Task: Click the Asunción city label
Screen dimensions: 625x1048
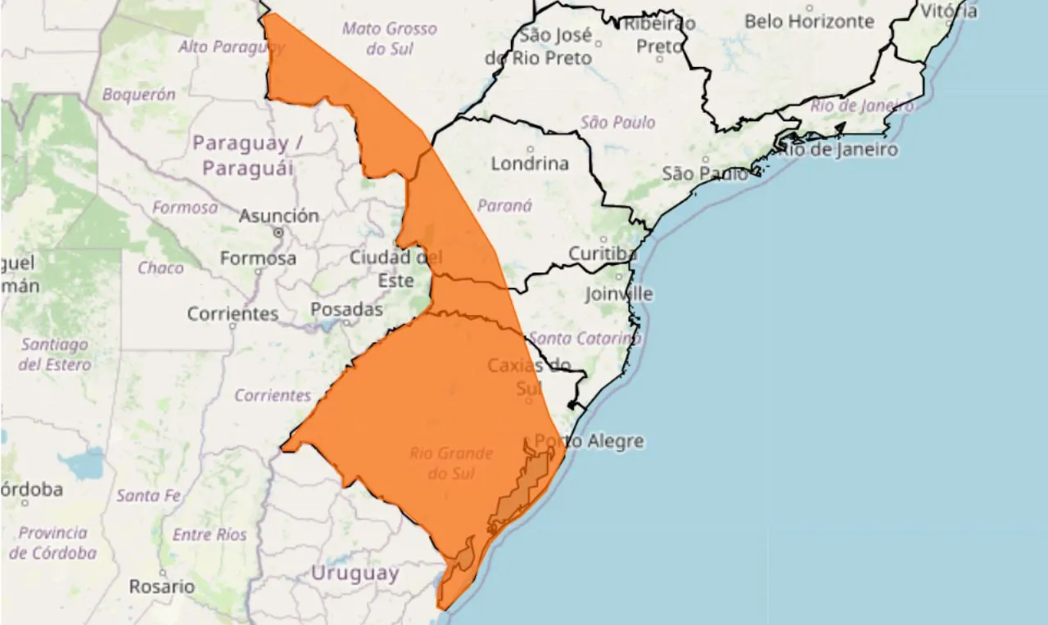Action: (x=278, y=216)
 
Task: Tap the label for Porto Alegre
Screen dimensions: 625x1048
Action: (x=589, y=442)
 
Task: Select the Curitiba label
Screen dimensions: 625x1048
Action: (x=603, y=254)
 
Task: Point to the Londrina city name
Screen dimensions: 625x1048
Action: (x=530, y=164)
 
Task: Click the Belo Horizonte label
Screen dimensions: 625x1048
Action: (x=809, y=22)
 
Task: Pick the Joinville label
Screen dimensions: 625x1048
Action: (x=619, y=294)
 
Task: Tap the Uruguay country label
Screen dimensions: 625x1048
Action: (x=354, y=573)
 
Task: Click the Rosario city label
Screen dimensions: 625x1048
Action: (x=162, y=587)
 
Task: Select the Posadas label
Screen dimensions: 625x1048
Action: (x=346, y=310)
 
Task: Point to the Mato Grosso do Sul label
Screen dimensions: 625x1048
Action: (x=390, y=38)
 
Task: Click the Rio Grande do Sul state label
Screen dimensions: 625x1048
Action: (x=451, y=463)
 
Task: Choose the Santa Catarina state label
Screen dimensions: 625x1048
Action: (x=584, y=338)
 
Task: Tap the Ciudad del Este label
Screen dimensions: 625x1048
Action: (x=395, y=268)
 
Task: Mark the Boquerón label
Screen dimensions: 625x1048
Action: (x=138, y=95)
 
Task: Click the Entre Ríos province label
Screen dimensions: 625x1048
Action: (x=210, y=535)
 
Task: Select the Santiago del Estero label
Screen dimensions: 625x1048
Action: (x=55, y=354)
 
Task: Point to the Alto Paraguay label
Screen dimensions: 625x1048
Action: (x=231, y=47)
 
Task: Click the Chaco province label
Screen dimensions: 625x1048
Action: (x=160, y=268)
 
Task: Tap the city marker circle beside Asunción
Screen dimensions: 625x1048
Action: (x=278, y=232)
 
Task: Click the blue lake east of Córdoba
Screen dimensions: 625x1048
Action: (x=82, y=464)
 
